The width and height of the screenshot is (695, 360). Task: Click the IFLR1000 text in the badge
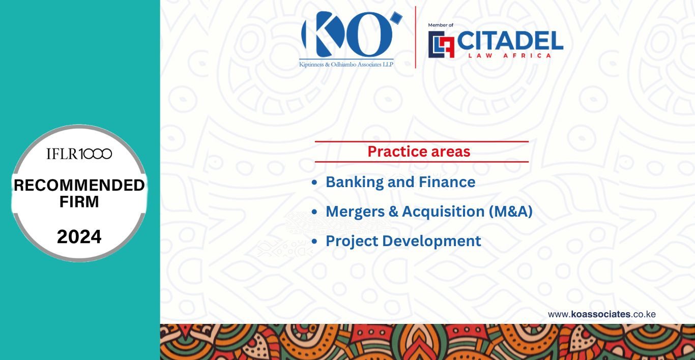tap(79, 154)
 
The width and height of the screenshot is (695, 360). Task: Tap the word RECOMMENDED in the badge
tap(79, 185)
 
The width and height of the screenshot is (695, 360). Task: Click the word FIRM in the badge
tap(79, 202)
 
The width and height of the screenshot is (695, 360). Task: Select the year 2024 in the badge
tap(79, 236)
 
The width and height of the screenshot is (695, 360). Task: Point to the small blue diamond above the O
tap(396, 18)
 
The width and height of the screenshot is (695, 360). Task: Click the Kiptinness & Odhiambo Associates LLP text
tap(346, 65)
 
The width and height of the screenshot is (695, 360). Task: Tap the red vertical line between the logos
tap(416, 37)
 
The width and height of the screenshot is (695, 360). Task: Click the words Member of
tap(441, 25)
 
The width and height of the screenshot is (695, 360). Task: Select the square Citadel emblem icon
tap(441, 44)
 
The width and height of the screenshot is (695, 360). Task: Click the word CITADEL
tap(510, 40)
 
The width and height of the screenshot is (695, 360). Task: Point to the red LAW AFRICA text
tap(509, 56)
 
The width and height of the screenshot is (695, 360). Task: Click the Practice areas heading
tap(419, 152)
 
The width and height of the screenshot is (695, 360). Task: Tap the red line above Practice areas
tap(422, 142)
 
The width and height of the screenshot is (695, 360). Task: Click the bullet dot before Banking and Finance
tap(314, 182)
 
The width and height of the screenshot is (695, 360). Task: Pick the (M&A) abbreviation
tap(511, 212)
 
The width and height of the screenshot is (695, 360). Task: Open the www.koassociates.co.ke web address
tap(601, 314)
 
